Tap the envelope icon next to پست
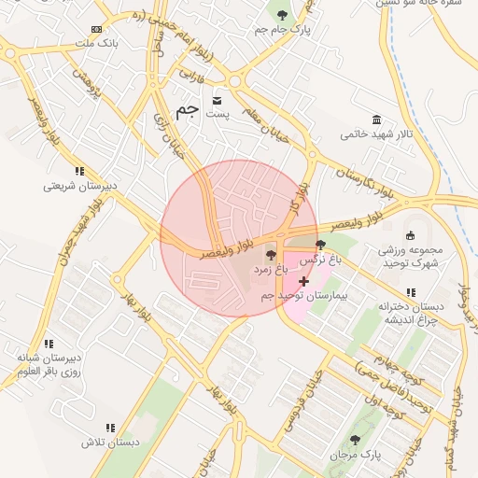(x=218, y=100)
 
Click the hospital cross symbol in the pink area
(x=303, y=281)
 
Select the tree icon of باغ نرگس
(x=321, y=244)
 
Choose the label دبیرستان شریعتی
(x=79, y=185)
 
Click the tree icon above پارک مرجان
(x=354, y=439)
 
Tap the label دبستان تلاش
(x=109, y=442)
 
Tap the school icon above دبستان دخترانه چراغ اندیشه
(x=411, y=292)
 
